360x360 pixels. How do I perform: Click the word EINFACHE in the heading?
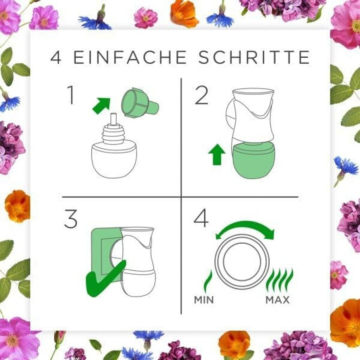130,57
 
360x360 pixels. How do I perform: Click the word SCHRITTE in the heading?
254,57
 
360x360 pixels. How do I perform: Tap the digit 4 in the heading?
56,57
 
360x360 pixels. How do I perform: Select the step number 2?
201,96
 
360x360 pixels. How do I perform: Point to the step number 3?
70,219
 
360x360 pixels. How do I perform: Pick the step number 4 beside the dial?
201,218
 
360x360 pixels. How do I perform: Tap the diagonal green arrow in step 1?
101,105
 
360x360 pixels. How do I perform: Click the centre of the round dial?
242,262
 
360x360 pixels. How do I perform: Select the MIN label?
204,300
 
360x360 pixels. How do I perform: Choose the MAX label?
277,300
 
